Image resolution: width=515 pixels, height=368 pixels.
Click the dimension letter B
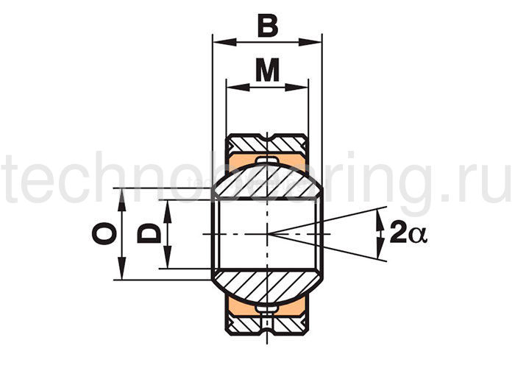click(268, 26)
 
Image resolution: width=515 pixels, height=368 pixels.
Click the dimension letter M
click(268, 70)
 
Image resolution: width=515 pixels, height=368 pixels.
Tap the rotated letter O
click(104, 233)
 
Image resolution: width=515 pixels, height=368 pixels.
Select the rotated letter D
click(149, 233)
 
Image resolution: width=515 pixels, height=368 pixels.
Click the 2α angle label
click(408, 233)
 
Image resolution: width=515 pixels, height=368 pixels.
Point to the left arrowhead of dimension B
click(224, 42)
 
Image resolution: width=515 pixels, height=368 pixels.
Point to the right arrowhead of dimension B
click(310, 42)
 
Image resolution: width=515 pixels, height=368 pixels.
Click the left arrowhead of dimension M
click(238, 88)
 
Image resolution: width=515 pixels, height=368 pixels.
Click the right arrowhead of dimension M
click(296, 88)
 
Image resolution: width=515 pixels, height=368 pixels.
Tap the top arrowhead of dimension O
click(122, 200)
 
